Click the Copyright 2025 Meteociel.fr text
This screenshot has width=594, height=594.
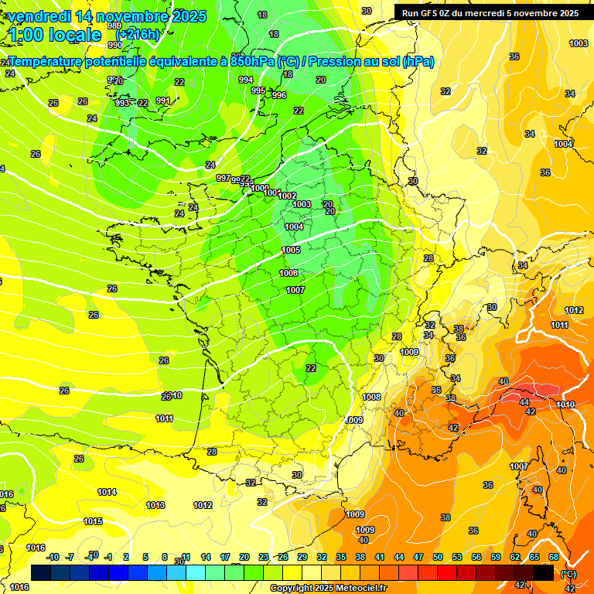coord(328,588)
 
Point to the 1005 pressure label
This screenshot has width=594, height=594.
coord(291,250)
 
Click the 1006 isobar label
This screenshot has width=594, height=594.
coord(288,273)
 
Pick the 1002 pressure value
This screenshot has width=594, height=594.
coord(287,196)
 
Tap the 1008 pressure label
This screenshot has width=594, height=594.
coord(371,397)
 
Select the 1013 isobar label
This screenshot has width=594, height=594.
coord(155,505)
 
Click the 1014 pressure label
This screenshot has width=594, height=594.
coord(107,492)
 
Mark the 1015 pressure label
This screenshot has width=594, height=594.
coord(93,521)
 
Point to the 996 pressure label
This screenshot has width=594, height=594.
coord(279,95)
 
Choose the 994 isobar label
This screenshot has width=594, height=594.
coord(246,80)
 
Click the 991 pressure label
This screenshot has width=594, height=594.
coord(162,101)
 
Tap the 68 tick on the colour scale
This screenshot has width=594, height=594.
coord(554,557)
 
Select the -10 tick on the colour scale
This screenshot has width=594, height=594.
coord(53,557)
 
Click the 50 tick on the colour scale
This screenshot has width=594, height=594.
coord(438,557)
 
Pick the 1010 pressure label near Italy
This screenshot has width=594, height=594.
coord(565,405)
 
